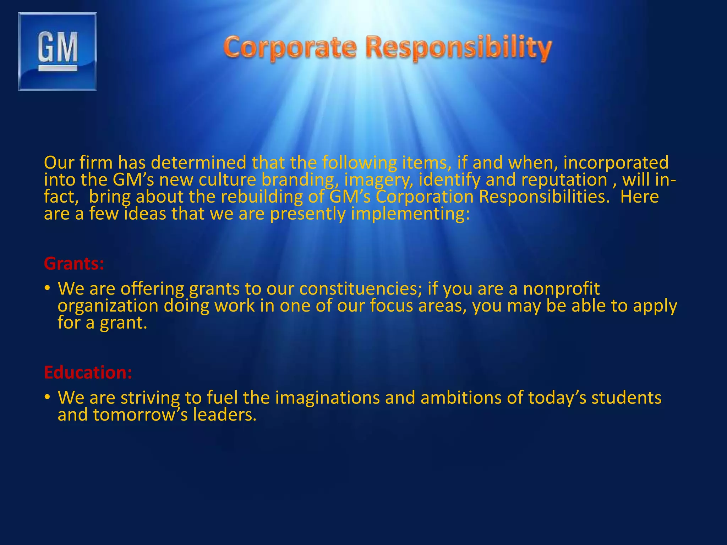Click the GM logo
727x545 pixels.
(58, 51)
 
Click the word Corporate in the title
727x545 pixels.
(290, 48)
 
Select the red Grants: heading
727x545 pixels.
(74, 264)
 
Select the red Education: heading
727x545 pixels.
(88, 373)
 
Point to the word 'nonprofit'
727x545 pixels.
(561, 288)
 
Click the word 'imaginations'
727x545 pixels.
(327, 397)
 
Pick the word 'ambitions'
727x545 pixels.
(461, 397)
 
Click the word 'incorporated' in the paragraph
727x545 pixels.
(616, 163)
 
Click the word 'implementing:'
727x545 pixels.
(410, 214)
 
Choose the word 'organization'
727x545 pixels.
(108, 306)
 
